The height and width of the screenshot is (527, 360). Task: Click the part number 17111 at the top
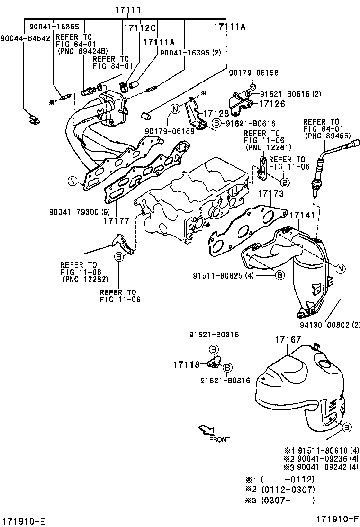click(127, 10)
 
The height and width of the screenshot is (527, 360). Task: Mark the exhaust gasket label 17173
click(270, 193)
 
